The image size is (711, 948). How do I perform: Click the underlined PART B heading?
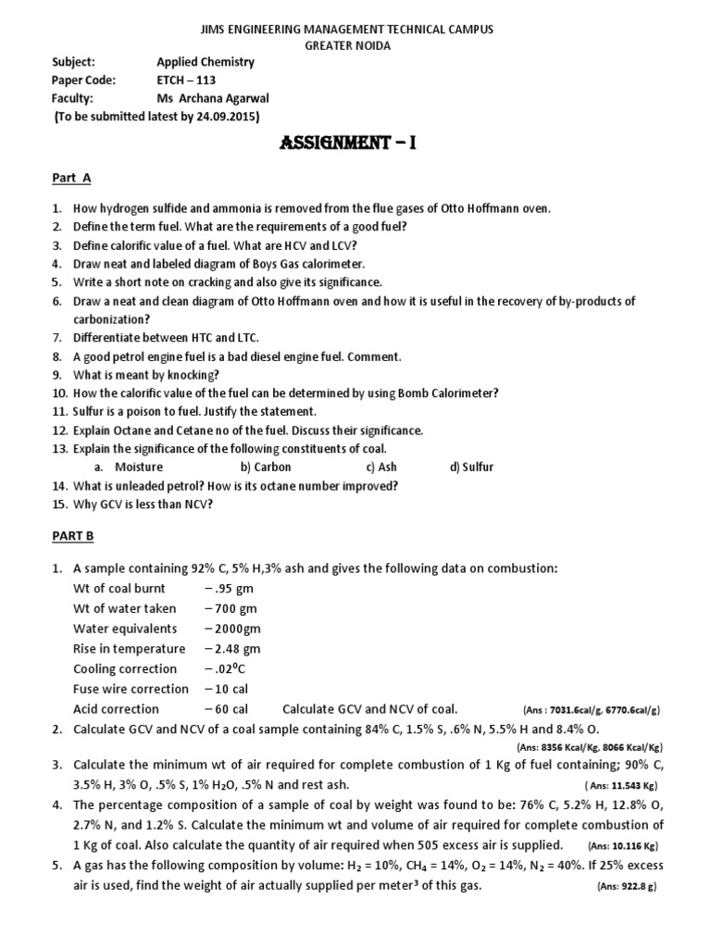[72, 535]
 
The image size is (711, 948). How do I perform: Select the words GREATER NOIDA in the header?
[355, 45]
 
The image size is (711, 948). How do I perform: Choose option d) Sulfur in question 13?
[472, 467]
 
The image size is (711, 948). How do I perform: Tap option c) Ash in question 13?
[380, 467]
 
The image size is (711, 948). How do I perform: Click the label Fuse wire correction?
[131, 689]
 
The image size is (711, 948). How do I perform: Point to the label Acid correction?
[116, 709]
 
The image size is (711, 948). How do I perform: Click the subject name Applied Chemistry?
[206, 62]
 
